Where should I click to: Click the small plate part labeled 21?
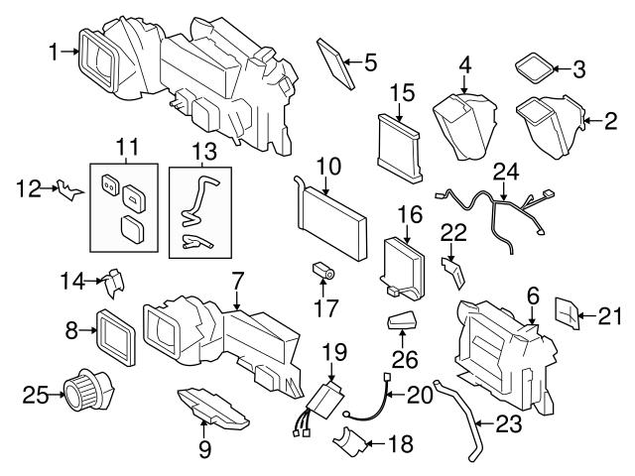point(565,313)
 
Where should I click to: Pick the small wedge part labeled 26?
point(403,323)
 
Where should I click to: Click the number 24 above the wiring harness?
point(507,174)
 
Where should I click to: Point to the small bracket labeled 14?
point(113,283)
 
